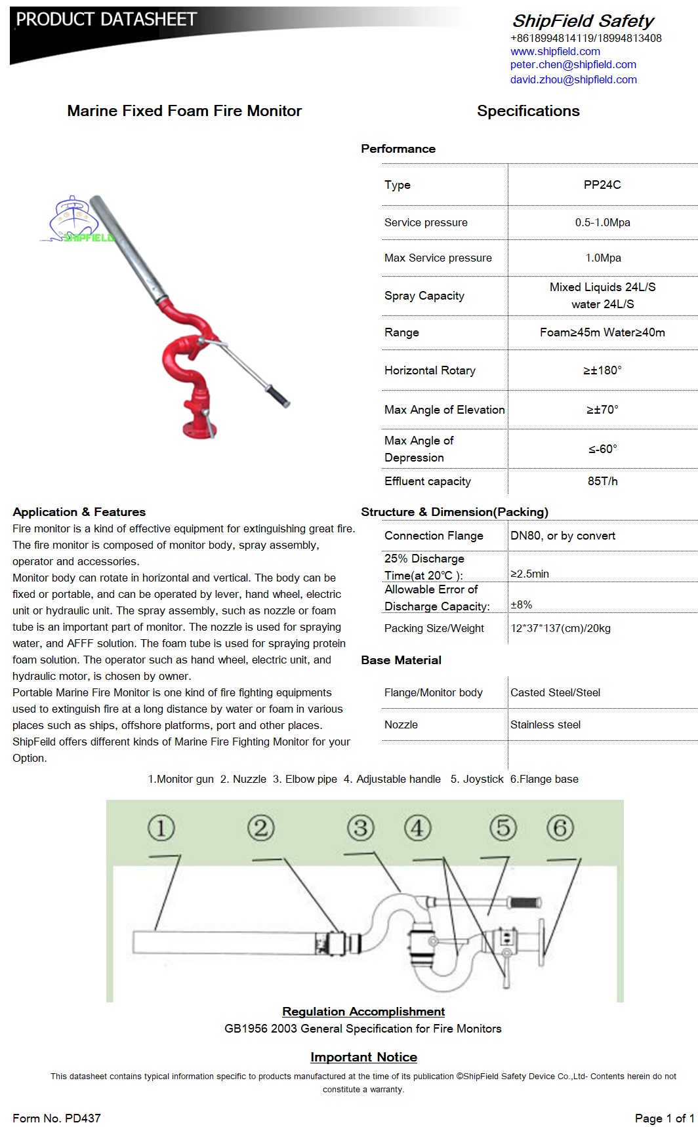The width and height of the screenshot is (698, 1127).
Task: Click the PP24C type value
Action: [602, 185]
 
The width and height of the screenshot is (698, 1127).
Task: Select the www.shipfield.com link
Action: [555, 51]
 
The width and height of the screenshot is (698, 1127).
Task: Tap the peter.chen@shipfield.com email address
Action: [573, 65]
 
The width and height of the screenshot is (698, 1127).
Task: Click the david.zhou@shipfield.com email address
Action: [573, 80]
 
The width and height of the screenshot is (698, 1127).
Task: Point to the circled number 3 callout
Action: [360, 827]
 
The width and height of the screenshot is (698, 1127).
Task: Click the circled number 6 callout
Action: [560, 827]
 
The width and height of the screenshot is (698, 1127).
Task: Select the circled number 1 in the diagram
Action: [161, 827]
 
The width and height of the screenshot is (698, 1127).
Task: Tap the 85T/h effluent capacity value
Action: [602, 481]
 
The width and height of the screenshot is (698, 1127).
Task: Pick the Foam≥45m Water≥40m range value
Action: [602, 332]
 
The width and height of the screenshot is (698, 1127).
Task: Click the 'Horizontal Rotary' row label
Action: [430, 370]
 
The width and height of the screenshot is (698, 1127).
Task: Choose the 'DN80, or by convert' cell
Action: [563, 536]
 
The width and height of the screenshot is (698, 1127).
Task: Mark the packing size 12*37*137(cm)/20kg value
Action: [560, 628]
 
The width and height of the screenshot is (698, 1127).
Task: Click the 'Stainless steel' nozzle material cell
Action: [545, 724]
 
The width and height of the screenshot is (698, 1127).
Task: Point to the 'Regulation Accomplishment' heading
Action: [363, 1012]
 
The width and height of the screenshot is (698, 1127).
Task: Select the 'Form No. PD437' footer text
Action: [56, 1118]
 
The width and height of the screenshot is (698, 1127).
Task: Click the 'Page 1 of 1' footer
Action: [664, 1118]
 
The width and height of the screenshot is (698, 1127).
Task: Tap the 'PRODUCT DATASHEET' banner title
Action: [106, 20]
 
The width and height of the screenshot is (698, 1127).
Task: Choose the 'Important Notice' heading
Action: [363, 1057]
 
